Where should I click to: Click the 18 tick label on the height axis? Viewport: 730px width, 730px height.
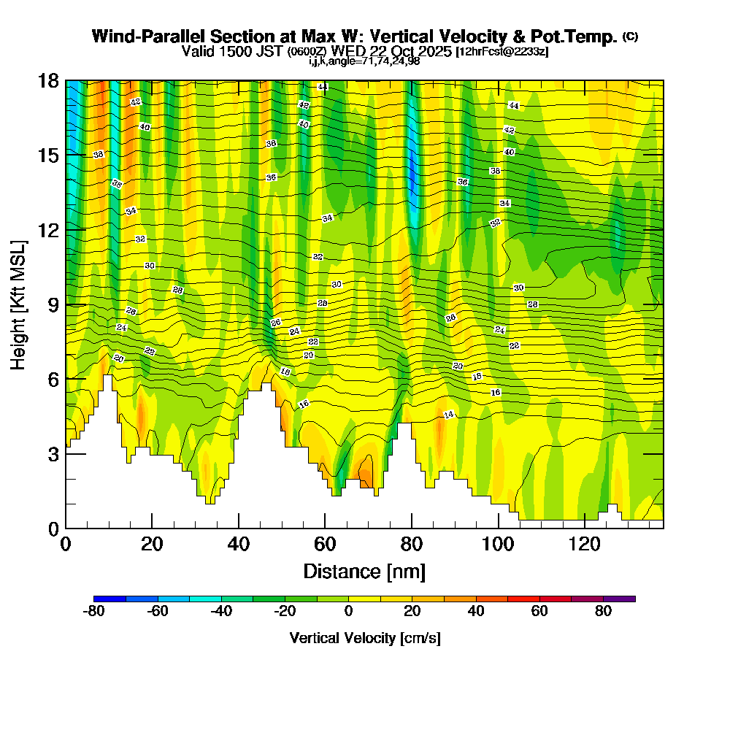[48, 80]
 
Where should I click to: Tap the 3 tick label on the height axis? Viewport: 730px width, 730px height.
[53, 453]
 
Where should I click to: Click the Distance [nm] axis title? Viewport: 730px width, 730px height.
[364, 571]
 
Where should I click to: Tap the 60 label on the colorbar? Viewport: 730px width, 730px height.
[539, 612]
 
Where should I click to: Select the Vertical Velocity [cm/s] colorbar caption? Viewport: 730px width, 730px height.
[365, 638]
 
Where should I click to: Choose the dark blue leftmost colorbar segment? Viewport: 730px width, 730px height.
[109, 599]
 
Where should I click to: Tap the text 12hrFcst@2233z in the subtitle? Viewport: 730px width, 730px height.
[502, 52]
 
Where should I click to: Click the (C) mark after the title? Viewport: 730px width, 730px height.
[630, 36]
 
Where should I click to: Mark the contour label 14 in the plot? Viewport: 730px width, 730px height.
[449, 415]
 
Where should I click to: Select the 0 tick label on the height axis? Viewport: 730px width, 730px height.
[53, 528]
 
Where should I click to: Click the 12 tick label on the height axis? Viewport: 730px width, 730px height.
[48, 229]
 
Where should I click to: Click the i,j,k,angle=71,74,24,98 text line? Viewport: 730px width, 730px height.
[364, 61]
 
